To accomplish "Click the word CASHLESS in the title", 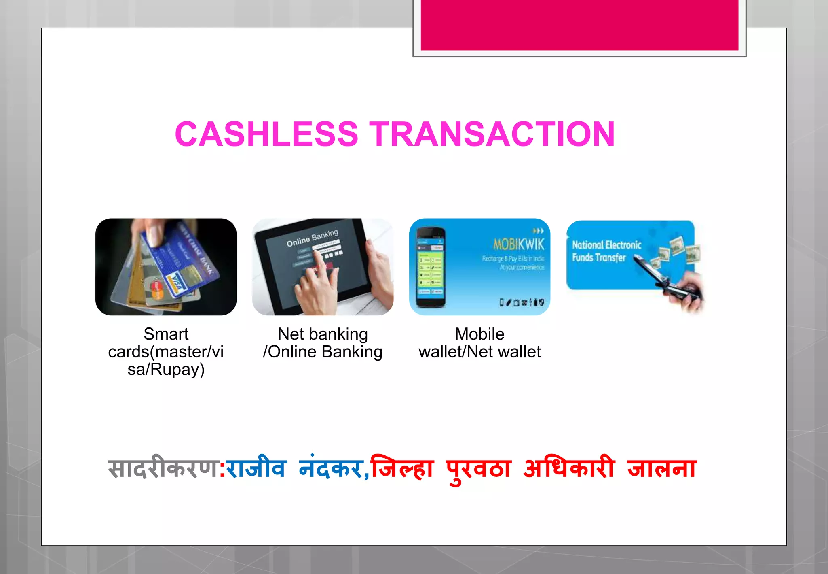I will point(266,134).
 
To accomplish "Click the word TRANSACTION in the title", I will point(492,134).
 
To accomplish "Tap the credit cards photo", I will point(166,267).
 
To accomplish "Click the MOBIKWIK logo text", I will point(519,244).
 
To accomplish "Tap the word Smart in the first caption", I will point(166,334).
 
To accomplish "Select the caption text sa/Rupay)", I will point(166,370).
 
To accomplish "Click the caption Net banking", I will point(323,334).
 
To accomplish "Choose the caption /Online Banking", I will point(323,352).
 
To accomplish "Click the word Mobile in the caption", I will point(479,334).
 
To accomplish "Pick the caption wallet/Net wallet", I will point(479,352).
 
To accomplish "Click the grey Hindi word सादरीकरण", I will point(163,468).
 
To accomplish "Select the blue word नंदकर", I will point(330,468).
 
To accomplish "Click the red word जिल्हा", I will point(402,468).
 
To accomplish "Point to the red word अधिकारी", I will point(569,468).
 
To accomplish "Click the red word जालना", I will point(662,468).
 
